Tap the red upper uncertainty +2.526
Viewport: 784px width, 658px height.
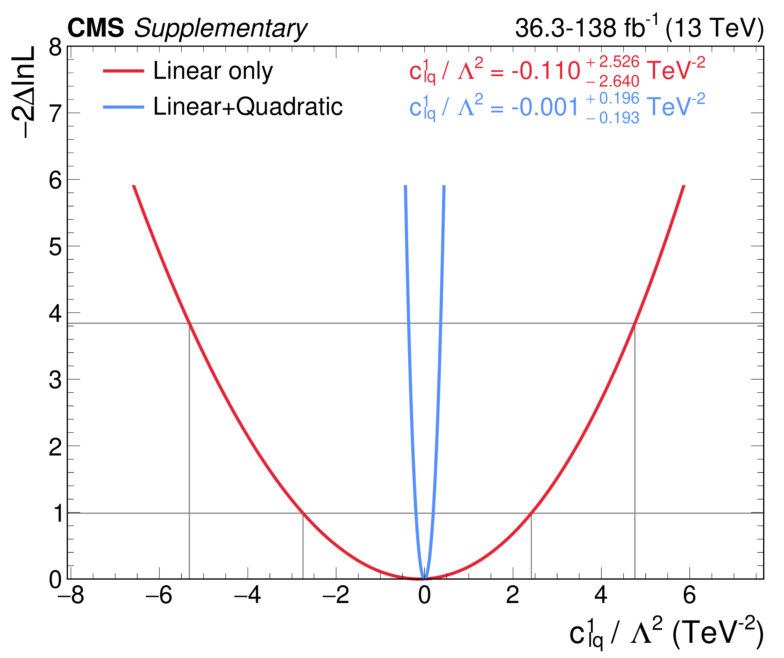pos(613,62)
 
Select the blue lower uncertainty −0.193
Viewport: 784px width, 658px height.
pos(613,118)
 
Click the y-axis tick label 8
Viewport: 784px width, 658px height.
pos(55,48)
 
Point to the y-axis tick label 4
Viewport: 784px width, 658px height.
pos(55,313)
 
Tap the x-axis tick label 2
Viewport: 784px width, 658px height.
pos(513,595)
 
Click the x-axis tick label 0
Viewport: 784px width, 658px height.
pos(424,595)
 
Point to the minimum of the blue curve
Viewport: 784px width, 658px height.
pos(424,578)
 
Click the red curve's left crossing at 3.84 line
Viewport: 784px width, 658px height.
pos(189,323)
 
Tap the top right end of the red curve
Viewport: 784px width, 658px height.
pos(684,186)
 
